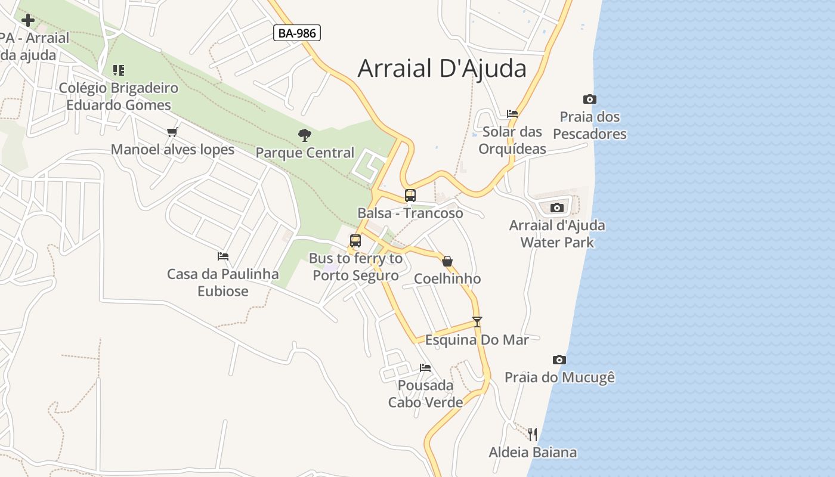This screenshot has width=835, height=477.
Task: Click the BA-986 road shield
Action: pos(297,33)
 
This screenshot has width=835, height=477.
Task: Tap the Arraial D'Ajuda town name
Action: pos(442,69)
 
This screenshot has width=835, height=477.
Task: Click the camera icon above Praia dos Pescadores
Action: pos(589,99)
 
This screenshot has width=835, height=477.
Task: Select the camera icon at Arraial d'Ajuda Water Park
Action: pos(556,207)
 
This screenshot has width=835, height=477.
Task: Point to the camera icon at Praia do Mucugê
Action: pos(559,359)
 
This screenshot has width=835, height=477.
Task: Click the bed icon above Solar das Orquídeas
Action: pos(512,113)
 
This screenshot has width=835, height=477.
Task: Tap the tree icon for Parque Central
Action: pos(305,135)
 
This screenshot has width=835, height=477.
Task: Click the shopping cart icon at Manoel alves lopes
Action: pos(172,132)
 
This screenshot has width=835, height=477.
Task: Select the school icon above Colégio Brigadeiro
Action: pos(119,70)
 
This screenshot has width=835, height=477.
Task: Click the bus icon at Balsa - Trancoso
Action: pos(410,195)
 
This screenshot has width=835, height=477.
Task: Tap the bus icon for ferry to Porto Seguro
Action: pos(355,241)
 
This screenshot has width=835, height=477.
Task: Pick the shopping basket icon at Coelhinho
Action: pos(447,261)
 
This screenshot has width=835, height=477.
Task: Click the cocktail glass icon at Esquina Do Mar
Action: pos(477,322)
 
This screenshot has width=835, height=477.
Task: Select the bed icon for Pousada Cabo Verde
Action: pos(425,367)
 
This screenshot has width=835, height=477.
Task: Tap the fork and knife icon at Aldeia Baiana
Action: pos(533,434)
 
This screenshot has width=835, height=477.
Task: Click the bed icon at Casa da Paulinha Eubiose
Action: pos(223,256)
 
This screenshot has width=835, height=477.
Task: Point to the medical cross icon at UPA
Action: pos(27,21)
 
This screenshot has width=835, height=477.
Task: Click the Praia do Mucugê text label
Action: pos(559,377)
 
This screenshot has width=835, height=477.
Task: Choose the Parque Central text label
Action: pos(305,153)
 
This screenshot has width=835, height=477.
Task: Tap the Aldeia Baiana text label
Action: pos(533,452)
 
